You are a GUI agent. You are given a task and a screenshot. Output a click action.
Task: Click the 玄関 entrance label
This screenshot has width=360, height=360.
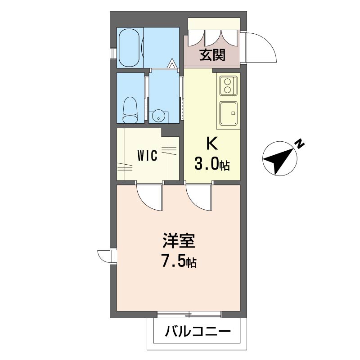click(212, 55)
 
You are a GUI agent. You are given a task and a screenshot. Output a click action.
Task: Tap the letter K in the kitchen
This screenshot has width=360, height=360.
click(212, 144)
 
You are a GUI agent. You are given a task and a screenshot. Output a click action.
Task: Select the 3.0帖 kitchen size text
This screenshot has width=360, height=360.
click(212, 164)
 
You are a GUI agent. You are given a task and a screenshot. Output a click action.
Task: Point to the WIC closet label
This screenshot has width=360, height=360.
click(147, 155)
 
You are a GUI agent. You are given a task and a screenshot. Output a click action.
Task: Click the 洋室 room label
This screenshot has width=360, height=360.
click(179, 241)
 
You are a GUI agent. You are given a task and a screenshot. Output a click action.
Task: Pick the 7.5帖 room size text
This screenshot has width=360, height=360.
click(179, 261)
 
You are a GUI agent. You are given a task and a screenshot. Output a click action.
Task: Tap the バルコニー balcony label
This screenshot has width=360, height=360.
click(198, 332)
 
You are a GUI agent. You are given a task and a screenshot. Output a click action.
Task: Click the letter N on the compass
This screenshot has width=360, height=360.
click(299, 144)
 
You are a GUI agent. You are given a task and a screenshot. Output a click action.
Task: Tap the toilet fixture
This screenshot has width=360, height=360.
click(130, 110)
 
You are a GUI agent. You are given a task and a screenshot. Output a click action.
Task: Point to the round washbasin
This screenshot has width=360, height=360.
click(158, 117)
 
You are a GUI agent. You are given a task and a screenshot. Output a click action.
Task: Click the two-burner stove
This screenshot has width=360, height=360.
click(228, 86)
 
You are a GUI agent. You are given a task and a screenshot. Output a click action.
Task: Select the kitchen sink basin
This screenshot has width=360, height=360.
click(229, 113)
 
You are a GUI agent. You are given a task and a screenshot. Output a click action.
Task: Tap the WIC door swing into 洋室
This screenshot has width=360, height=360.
click(150, 198)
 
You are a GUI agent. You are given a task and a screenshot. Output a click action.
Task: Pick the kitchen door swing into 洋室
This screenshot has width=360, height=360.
click(199, 198)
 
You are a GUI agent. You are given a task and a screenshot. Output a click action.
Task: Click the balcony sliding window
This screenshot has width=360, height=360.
click(189, 314)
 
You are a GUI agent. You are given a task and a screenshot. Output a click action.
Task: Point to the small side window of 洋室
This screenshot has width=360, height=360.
click(107, 256)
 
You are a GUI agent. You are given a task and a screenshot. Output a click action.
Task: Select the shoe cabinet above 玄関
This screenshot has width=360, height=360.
click(214, 24)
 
